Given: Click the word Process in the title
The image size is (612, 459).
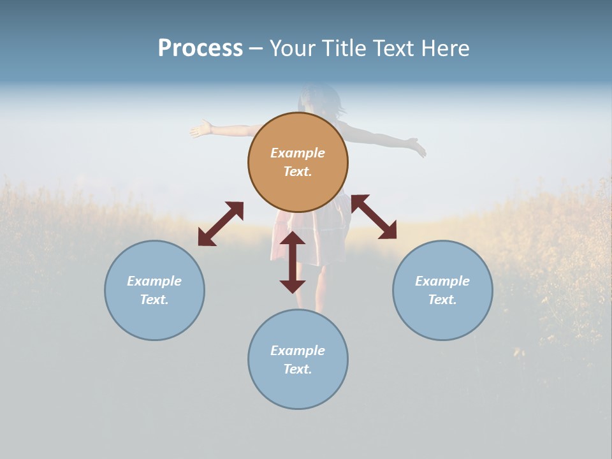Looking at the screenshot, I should click(200, 48).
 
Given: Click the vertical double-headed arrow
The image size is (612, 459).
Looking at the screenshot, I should click(293, 262).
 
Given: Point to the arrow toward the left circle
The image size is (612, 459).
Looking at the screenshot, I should click(221, 224).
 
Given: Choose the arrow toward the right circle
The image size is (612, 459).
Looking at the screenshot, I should click(374, 217).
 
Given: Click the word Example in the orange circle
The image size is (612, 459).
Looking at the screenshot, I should click(298, 153).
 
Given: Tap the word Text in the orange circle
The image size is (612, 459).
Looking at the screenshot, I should click(298, 171).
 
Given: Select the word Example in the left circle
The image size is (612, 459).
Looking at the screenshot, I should click(154, 281).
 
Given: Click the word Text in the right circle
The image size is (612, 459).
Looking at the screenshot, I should click(442, 300).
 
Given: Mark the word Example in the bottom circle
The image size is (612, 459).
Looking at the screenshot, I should click(298, 351).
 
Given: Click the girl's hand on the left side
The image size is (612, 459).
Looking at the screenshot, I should click(201, 129).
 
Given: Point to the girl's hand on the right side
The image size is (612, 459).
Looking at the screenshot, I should click(418, 148).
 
